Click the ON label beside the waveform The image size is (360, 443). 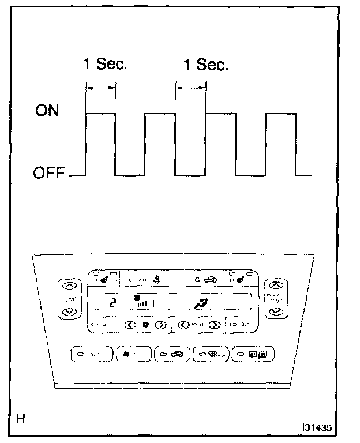(47, 110)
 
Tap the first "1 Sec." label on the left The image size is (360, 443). (104, 64)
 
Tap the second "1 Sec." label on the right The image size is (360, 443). (206, 64)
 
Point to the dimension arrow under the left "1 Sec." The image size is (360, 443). (100, 88)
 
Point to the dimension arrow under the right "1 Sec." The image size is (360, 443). (190, 88)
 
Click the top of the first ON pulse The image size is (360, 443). (100, 114)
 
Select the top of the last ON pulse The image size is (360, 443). (280, 114)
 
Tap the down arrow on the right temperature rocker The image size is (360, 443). (276, 311)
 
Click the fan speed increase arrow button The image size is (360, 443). (160, 325)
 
